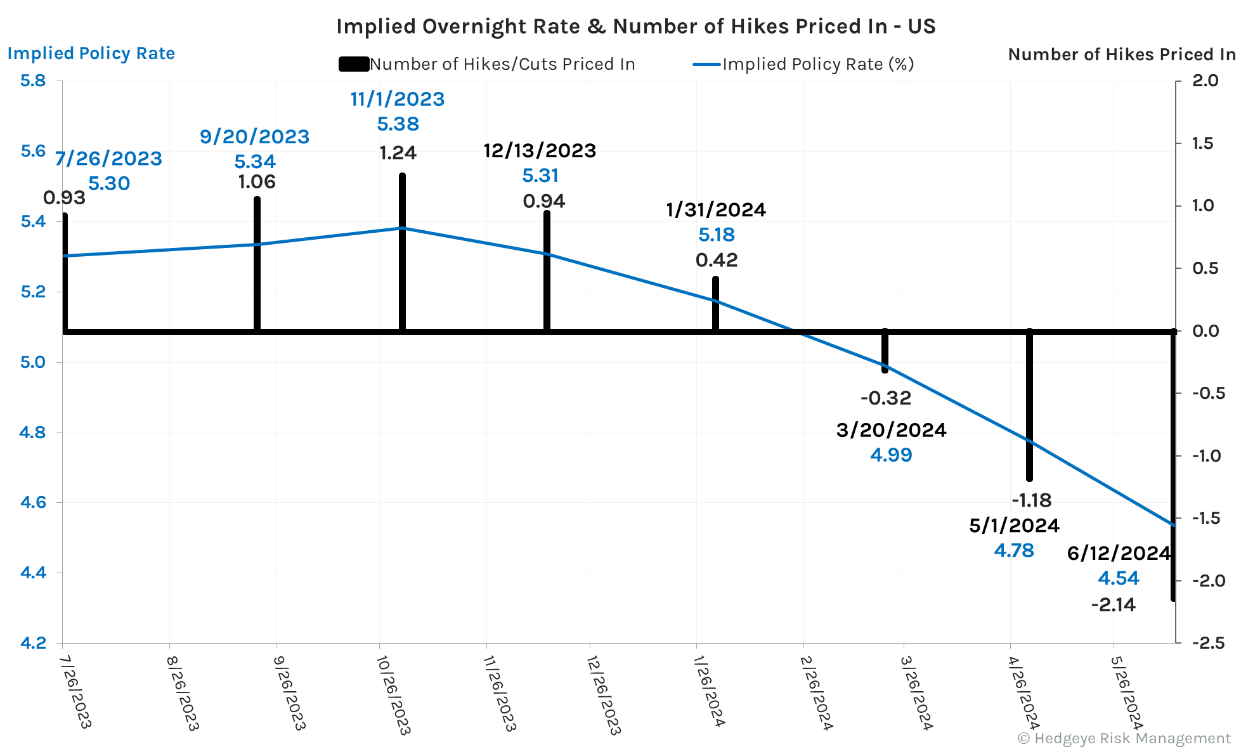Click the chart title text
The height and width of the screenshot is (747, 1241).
click(x=635, y=27)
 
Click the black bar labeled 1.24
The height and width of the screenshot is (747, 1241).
click(x=402, y=254)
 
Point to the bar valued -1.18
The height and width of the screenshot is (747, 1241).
click(x=1029, y=406)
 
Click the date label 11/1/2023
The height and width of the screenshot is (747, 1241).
click(x=398, y=99)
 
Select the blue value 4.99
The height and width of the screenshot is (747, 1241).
click(x=891, y=455)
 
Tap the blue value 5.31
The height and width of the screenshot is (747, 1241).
click(x=540, y=175)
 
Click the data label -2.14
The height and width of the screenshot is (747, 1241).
click(x=1113, y=605)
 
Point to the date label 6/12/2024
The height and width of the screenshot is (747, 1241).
click(x=1119, y=553)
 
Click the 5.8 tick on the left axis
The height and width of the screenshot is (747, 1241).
click(x=33, y=81)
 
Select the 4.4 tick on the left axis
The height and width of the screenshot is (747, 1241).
click(x=33, y=573)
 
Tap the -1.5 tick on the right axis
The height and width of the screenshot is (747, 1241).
click(x=1205, y=518)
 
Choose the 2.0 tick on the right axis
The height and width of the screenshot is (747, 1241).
click(x=1205, y=81)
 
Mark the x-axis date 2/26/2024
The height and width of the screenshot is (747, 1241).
click(x=816, y=693)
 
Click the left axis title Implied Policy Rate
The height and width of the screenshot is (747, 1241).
click(x=91, y=53)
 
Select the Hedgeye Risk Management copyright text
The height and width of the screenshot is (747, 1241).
click(x=1124, y=738)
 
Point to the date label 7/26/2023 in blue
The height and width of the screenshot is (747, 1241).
click(x=108, y=159)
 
